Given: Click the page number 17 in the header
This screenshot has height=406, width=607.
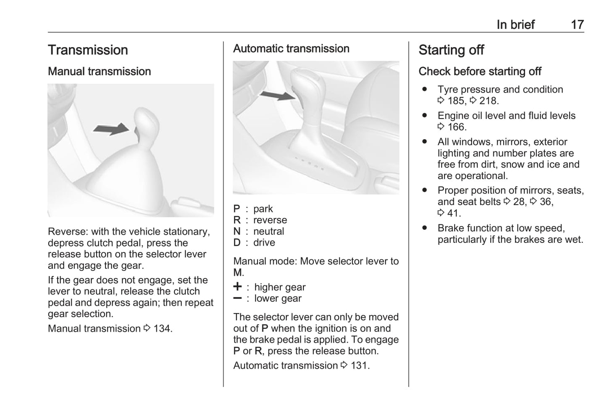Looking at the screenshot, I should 577,25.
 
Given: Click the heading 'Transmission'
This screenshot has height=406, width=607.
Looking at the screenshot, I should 88,50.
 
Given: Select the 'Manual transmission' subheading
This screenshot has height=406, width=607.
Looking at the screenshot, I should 99,72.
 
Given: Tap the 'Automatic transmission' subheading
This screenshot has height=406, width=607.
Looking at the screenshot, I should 291,49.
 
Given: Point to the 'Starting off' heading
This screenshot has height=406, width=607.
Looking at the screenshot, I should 451,50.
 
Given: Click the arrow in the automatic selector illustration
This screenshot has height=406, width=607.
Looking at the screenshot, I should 277,96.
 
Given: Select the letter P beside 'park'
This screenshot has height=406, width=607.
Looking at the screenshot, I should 237,209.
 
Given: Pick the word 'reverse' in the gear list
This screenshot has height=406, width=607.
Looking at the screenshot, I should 270,220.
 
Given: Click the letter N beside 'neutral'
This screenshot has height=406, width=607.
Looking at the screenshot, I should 237,231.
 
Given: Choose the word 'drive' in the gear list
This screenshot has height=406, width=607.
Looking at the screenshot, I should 264,243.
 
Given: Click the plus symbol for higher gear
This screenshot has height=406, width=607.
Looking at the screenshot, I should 238,287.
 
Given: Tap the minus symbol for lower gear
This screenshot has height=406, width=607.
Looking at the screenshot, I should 238,298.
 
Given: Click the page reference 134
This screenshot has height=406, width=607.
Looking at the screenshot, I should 162,329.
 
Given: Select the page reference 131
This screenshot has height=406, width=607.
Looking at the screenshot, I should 360,365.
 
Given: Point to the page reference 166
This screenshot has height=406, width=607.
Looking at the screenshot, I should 457,127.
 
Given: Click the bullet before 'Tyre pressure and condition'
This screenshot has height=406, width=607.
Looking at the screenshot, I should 425,90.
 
